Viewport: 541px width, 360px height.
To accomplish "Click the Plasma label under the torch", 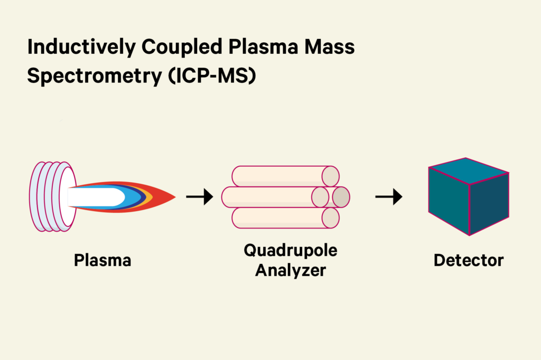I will (102, 260).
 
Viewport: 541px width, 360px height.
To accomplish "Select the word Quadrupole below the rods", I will (290, 250).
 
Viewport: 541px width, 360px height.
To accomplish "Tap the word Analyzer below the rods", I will (290, 271).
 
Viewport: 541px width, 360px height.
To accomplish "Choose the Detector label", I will (469, 260).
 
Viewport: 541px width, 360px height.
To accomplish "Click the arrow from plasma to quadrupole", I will (199, 197).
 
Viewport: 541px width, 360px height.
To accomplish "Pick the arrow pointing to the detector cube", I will (388, 197).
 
